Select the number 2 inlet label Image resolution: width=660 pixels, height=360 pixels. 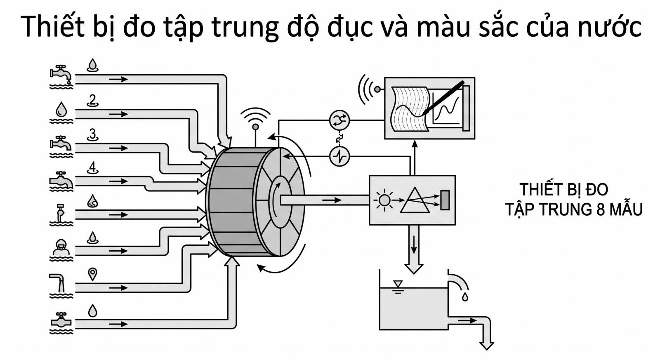[92, 101]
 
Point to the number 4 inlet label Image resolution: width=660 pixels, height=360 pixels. [92, 168]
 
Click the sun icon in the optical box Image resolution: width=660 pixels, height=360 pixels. [384, 200]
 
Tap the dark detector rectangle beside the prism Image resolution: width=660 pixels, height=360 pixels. [445, 200]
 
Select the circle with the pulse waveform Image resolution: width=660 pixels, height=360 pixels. [339, 156]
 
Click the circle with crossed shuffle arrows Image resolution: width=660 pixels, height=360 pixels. [339, 120]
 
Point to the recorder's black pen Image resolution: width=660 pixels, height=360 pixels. [443, 98]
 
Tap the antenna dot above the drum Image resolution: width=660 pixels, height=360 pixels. [256, 127]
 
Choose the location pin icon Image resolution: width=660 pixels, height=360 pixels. [92, 274]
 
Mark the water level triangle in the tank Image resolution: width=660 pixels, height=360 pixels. [398, 284]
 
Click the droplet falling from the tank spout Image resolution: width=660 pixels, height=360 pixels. [465, 296]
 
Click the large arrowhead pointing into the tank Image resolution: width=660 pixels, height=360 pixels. [414, 268]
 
